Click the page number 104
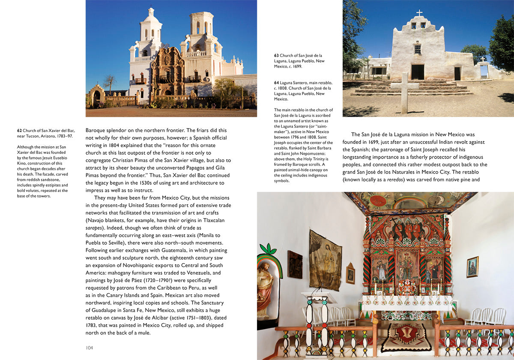(x=89, y=348)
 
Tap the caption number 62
(x=20, y=130)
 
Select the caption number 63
(x=277, y=55)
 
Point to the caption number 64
(x=277, y=83)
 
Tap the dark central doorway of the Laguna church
(x=417, y=72)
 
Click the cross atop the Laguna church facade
(x=419, y=13)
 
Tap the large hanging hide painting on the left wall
(x=325, y=260)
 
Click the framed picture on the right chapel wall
(x=472, y=267)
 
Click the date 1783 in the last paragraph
(x=92, y=325)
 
